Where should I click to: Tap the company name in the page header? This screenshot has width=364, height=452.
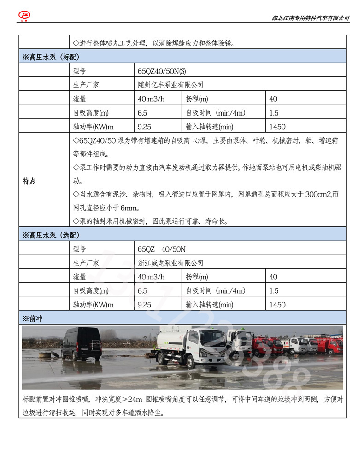pyautogui.click(x=311, y=18)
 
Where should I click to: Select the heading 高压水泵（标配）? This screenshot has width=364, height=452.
pyautogui.click(x=51, y=57)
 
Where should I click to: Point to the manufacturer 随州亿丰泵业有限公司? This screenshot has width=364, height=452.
pyautogui.click(x=170, y=85)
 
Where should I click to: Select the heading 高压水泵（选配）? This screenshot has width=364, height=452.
pyautogui.click(x=51, y=235)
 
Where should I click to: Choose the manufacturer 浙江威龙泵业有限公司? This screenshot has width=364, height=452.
pyautogui.click(x=170, y=263)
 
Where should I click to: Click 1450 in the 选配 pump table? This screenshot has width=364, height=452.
pyautogui.click(x=277, y=305)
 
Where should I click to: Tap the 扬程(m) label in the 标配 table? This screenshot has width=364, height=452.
pyautogui.click(x=197, y=99)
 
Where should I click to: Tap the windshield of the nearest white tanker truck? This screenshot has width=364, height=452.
pyautogui.click(x=213, y=341)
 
